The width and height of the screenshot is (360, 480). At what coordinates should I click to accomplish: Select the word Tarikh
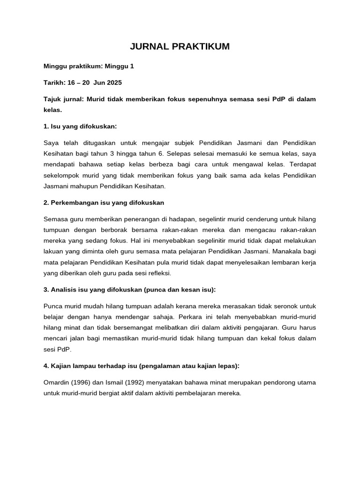click(53, 82)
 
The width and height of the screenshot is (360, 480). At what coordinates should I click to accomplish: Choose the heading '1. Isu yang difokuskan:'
click(80, 126)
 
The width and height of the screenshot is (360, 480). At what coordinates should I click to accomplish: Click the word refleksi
click(158, 273)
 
